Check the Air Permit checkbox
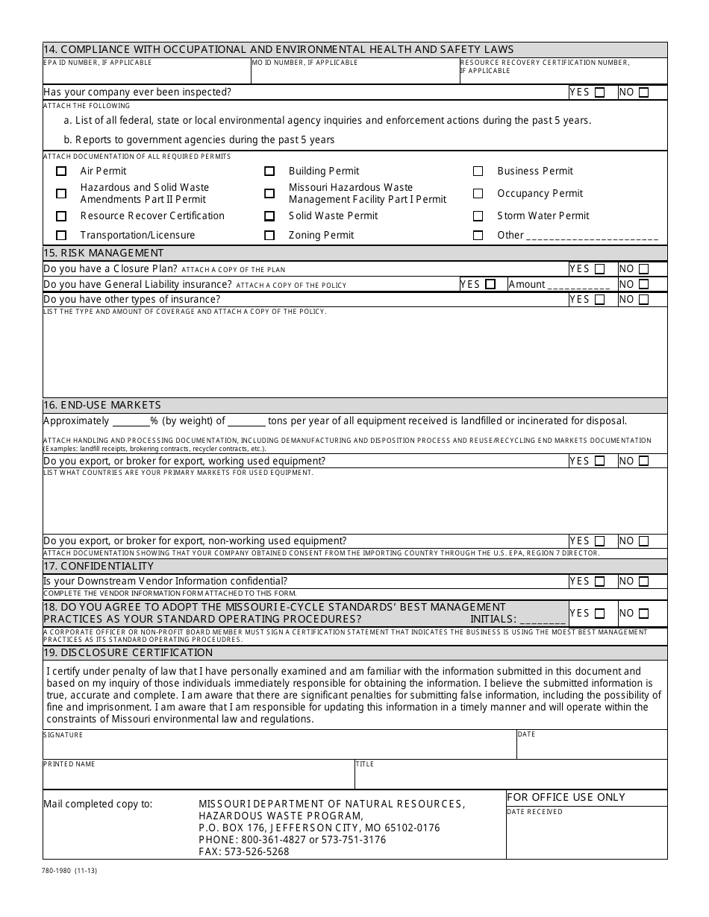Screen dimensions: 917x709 [61, 171]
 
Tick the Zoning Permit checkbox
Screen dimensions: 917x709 [269, 236]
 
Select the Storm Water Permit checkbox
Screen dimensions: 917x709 [478, 216]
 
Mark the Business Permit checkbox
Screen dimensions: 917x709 [478, 171]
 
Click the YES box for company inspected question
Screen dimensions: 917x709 [599, 92]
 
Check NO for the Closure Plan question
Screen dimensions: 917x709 [643, 269]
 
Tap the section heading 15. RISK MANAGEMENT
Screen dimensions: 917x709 [104, 253]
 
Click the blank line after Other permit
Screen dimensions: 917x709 [592, 236]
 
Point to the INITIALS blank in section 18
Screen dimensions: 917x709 [542, 619]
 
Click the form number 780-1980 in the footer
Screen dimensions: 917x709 [69, 869]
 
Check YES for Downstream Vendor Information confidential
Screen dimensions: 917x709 [599, 582]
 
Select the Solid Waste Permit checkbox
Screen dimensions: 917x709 [269, 216]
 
